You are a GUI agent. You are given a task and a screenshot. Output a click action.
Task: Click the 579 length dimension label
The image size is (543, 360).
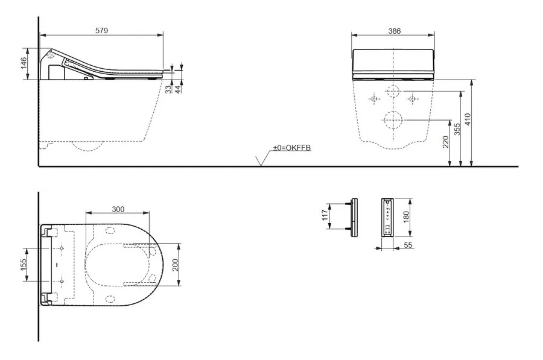(101, 30)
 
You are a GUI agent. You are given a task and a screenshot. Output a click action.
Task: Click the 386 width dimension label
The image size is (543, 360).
(393, 30)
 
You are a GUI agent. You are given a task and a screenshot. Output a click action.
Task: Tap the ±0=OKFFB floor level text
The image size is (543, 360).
(291, 148)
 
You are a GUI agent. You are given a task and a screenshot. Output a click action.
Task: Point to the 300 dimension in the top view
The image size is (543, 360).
(118, 209)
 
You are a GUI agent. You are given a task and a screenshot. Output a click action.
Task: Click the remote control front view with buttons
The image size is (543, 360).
(387, 217)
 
